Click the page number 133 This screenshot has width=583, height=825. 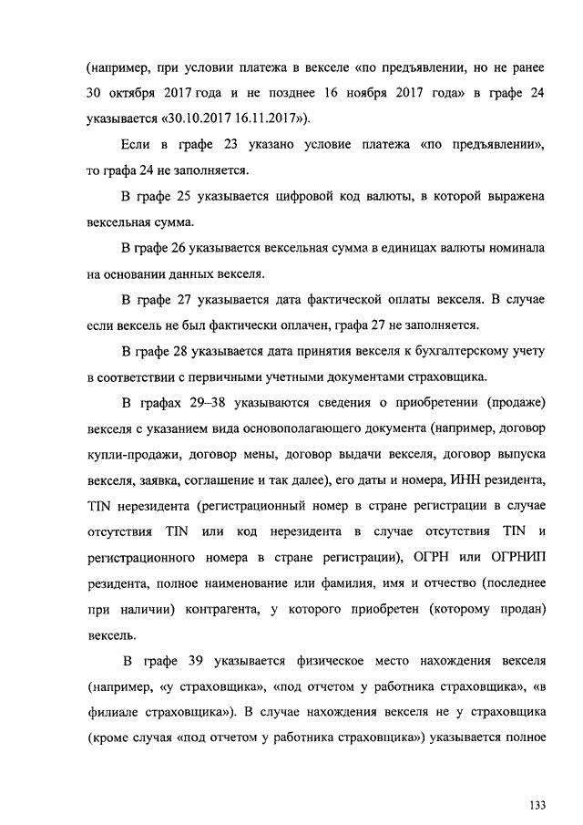(x=536, y=805)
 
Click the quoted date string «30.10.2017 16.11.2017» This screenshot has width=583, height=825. (x=233, y=118)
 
